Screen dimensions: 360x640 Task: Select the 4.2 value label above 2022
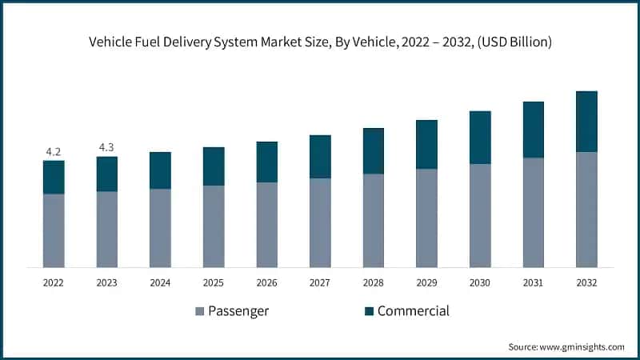[54, 150]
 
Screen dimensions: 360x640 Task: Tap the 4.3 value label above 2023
[106, 146]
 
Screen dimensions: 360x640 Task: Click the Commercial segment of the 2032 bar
[586, 122]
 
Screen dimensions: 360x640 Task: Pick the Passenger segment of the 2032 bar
[586, 210]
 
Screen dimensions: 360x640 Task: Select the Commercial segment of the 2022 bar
[54, 177]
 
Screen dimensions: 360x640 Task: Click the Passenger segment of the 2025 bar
[214, 226]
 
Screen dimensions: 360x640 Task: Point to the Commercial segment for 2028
[374, 151]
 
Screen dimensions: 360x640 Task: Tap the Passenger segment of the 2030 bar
[480, 215]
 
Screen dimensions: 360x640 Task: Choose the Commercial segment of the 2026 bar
[266, 162]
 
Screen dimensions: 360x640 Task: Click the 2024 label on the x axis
[160, 283]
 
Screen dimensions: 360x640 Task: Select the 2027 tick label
[320, 283]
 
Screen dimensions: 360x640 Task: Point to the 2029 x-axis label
[426, 283]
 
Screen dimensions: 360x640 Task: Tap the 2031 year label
[533, 283]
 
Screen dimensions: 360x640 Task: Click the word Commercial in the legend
[413, 311]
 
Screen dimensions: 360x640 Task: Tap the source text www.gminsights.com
[582, 347]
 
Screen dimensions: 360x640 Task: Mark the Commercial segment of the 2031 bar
[533, 130]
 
